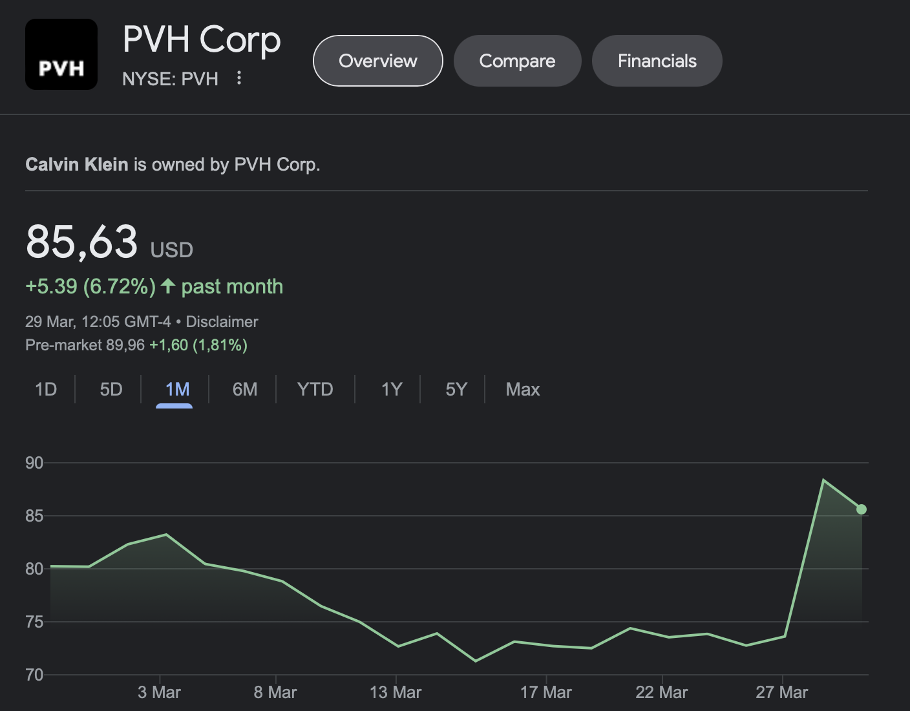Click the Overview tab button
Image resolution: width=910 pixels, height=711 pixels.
(x=378, y=61)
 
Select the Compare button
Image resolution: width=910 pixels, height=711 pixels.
(x=517, y=61)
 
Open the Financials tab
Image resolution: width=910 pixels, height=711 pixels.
(x=657, y=61)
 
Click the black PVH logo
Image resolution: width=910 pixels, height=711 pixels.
(x=61, y=54)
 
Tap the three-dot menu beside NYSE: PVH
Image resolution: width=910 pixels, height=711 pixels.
(x=239, y=78)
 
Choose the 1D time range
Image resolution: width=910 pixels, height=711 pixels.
(x=46, y=389)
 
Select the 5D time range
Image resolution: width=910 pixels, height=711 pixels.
(x=111, y=389)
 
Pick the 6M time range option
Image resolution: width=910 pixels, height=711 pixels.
(x=245, y=389)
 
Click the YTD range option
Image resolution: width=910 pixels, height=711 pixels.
(x=315, y=389)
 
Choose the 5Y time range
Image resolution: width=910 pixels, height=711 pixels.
(x=456, y=389)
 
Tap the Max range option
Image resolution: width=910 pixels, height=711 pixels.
(x=522, y=389)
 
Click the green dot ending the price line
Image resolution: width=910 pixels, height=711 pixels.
(x=862, y=509)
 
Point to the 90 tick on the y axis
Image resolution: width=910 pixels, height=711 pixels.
(x=34, y=463)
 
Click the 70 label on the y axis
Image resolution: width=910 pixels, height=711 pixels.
(x=34, y=675)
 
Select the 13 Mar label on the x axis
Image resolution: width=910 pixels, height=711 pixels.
(x=396, y=692)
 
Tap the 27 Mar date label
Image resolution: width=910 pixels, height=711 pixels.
(x=781, y=692)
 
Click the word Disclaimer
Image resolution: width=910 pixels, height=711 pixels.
(x=222, y=322)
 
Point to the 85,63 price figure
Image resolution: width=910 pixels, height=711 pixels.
(x=82, y=242)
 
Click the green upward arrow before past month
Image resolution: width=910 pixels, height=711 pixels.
(x=168, y=286)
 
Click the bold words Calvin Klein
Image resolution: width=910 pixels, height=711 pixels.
(x=76, y=164)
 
